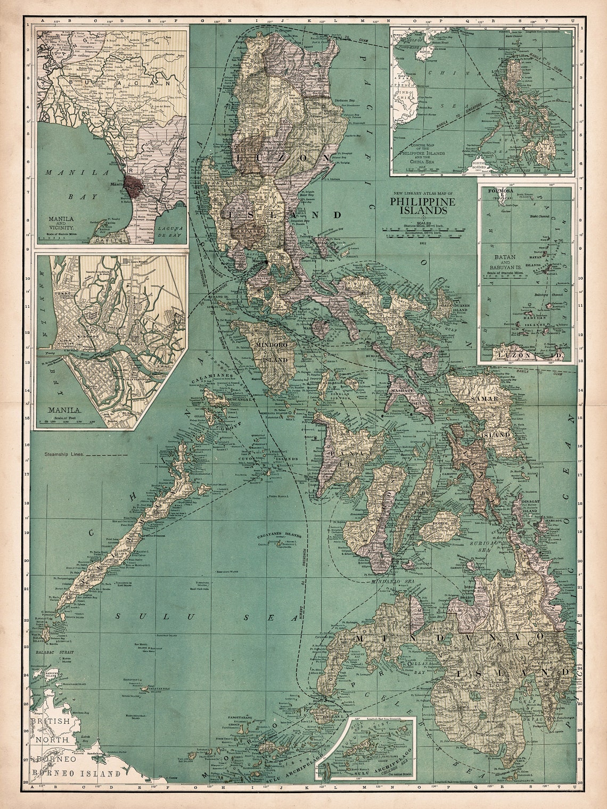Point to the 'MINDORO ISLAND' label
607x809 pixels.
[272, 352]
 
